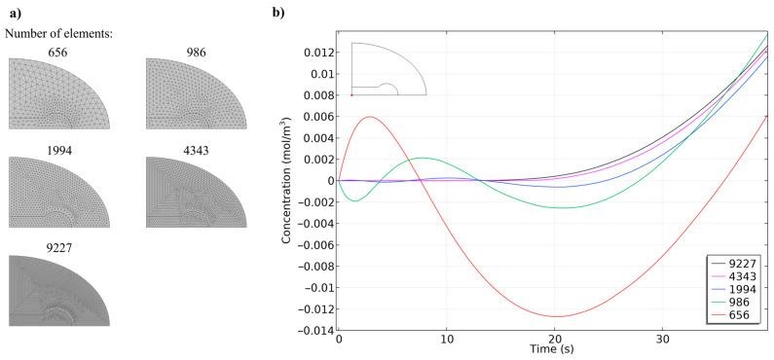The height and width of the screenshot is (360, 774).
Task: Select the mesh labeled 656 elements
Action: [x=59, y=93]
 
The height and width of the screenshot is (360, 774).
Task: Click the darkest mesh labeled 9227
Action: [x=59, y=291]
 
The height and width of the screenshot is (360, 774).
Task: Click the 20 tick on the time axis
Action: [x=554, y=340]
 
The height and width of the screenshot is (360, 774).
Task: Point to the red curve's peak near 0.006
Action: [x=370, y=117]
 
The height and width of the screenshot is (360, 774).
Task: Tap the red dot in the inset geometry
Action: [x=351, y=95]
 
